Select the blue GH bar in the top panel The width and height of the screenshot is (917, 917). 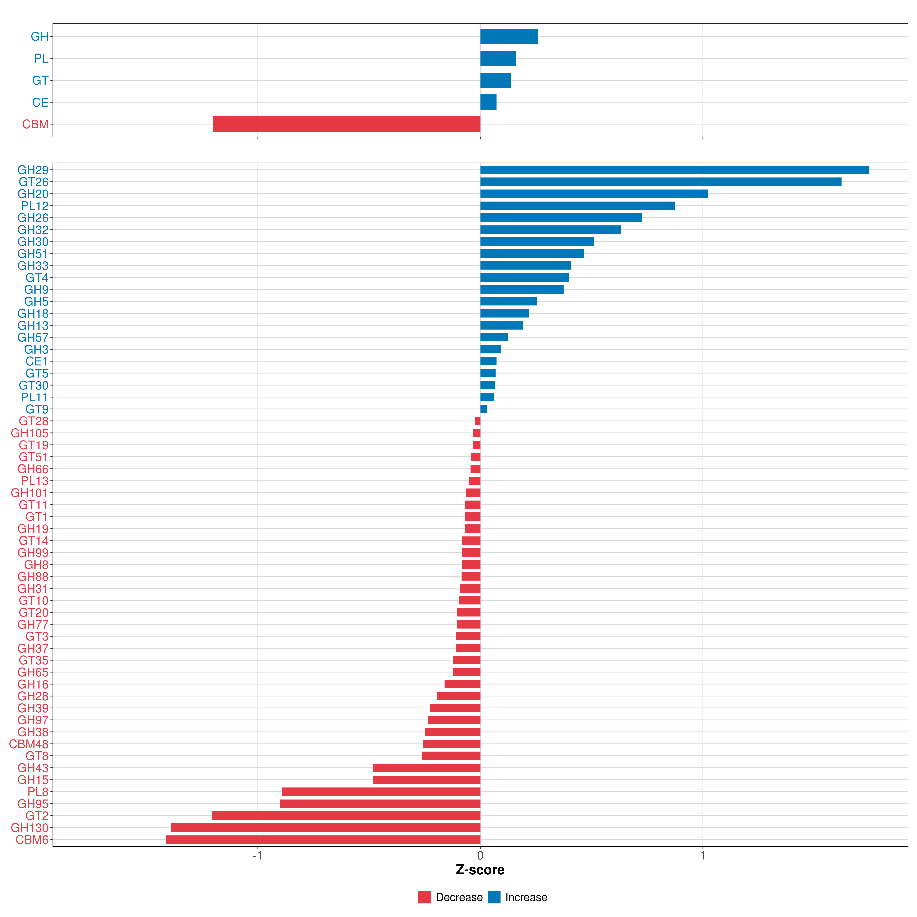(509, 36)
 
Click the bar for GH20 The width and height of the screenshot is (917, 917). (594, 194)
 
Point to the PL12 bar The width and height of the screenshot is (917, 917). (578, 206)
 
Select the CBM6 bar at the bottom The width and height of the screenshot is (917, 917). (323, 840)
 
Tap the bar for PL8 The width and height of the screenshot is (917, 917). (381, 792)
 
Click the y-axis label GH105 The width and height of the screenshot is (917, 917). (30, 433)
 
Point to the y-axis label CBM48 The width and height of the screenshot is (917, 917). (29, 744)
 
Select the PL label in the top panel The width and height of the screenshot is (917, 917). (41, 58)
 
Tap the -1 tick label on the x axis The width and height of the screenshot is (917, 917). (257, 855)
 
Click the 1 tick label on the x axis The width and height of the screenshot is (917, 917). (702, 855)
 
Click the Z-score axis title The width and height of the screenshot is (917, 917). (480, 870)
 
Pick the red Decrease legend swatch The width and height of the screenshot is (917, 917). (424, 897)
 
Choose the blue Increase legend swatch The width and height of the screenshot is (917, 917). (494, 897)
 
